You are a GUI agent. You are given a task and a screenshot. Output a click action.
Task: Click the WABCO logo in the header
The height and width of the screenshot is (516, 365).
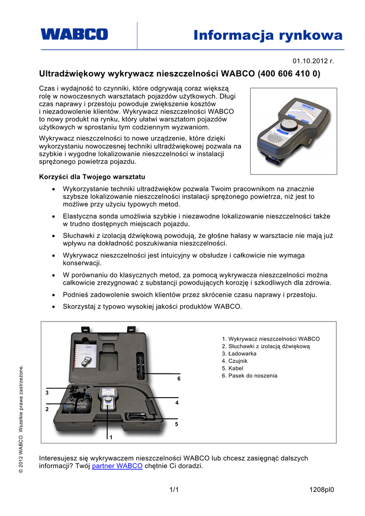click(74, 34)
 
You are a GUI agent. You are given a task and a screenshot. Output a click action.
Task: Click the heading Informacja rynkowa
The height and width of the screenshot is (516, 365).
click(268, 35)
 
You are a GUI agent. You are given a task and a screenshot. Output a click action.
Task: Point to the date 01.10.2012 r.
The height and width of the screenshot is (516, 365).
click(314, 61)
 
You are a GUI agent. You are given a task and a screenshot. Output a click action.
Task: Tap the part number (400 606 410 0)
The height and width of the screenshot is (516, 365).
click(289, 74)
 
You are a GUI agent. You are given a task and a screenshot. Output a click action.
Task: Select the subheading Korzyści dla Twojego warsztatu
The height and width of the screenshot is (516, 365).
click(92, 177)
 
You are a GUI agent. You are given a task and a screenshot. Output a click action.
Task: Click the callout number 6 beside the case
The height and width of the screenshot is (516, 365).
click(178, 378)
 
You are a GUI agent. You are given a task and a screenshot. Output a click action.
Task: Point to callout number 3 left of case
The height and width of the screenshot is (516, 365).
click(47, 392)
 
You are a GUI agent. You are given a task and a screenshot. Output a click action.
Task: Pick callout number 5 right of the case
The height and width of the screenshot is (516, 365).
click(176, 425)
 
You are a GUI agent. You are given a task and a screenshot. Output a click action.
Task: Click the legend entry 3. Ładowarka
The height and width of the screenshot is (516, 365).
click(239, 354)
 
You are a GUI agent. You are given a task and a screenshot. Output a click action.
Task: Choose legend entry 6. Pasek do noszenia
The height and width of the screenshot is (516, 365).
click(249, 375)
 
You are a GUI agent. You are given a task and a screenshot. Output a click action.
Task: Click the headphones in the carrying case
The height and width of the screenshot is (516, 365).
click(78, 404)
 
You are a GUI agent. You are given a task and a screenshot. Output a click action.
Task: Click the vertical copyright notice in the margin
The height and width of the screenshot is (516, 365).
click(21, 419)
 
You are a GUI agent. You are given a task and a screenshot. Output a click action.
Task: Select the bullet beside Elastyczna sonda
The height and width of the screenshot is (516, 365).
click(54, 216)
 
